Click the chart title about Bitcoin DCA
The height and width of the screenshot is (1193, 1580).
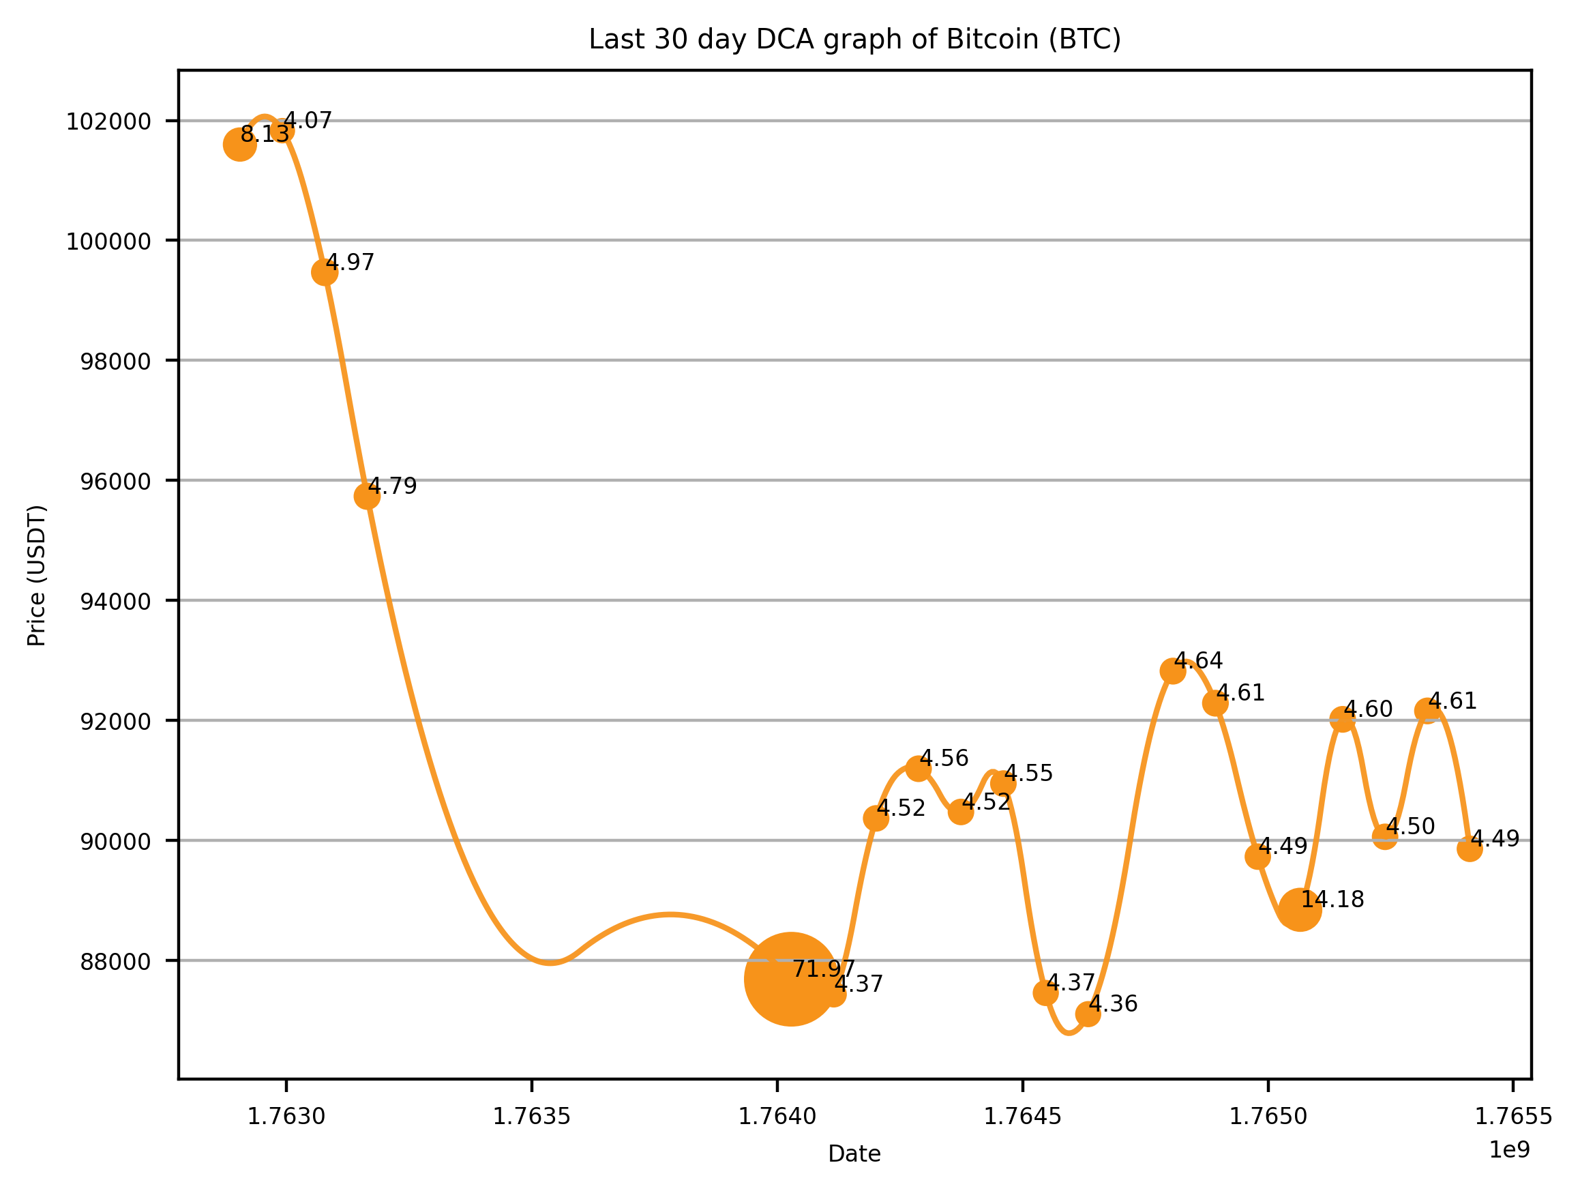coord(854,40)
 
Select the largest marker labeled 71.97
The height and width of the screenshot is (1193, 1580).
coord(791,979)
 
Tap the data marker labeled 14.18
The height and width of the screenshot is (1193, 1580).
coord(1300,909)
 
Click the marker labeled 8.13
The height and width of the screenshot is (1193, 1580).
coord(239,145)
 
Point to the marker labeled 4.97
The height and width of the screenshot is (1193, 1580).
coord(325,272)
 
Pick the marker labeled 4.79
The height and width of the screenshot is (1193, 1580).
coord(366,496)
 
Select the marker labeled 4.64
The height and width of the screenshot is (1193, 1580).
coord(1173,671)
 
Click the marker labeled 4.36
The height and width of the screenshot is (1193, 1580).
coord(1088,1014)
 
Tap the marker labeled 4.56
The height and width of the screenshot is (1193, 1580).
coord(919,769)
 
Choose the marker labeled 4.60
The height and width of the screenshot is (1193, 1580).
coord(1342,720)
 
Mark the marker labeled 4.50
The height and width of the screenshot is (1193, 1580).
coord(1384,836)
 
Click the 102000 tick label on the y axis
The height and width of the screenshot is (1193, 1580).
coord(108,122)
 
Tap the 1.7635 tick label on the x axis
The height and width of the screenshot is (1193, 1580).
coord(531,1117)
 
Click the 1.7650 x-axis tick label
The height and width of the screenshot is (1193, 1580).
coord(1268,1117)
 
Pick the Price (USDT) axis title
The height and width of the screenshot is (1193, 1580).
coord(37,576)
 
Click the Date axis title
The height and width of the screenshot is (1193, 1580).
coord(854,1154)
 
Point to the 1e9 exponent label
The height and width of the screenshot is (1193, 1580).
coord(1508,1150)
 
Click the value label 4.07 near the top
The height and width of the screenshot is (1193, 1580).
coord(308,121)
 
